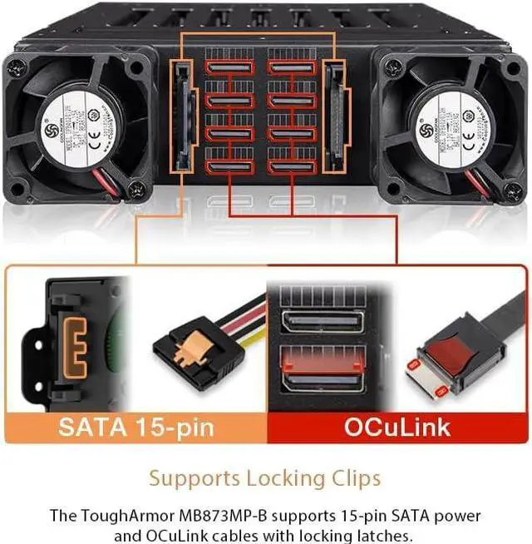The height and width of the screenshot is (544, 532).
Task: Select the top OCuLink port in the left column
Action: point(229,68)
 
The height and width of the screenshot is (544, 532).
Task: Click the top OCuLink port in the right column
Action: point(291,68)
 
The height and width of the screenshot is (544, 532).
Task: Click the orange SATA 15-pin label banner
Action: point(135,428)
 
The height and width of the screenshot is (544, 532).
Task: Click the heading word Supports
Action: point(194,479)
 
